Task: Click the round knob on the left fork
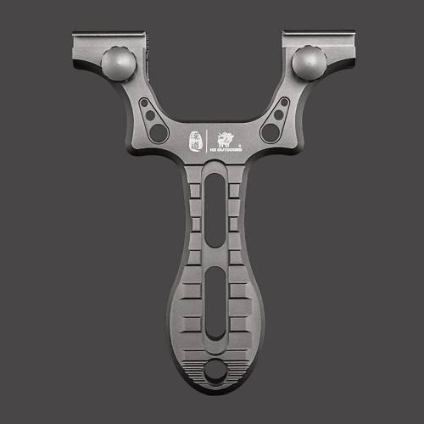118,64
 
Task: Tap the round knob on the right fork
309,63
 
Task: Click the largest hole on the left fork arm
158,132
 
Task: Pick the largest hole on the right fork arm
271,132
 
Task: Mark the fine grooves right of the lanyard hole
238,367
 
